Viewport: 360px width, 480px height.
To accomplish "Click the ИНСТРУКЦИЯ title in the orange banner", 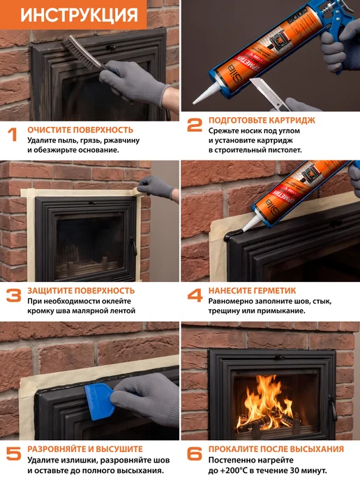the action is pos(79,15).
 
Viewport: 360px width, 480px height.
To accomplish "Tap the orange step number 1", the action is pos(13,135).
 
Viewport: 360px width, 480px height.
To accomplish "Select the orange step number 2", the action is pos(195,125).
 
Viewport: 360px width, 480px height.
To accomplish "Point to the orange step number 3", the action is pos(14,295).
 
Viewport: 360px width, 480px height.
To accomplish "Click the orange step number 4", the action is pos(195,295).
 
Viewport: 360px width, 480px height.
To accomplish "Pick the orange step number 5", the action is pos(14,453).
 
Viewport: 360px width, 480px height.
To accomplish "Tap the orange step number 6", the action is pos(195,453).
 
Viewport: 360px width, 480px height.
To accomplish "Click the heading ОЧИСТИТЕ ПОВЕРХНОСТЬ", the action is pos(80,130).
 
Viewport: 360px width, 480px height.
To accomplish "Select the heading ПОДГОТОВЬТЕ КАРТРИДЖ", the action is pos(262,120).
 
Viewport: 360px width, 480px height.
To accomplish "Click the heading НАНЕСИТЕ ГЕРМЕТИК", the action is pos(253,290).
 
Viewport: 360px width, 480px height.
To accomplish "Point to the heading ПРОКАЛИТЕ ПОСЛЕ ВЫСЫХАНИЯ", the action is pos(276,449).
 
